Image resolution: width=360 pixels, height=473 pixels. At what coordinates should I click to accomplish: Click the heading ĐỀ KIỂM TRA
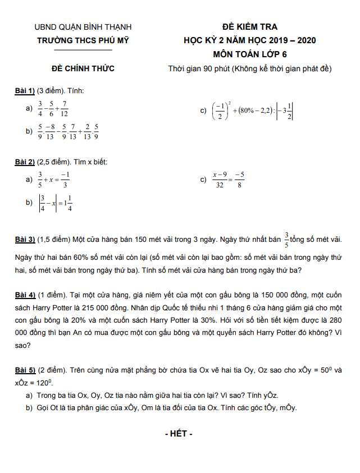pos(249,26)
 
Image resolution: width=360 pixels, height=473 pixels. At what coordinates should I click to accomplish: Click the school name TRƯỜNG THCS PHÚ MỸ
pos(83,40)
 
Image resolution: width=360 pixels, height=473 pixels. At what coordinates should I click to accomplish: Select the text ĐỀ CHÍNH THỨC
pos(83,68)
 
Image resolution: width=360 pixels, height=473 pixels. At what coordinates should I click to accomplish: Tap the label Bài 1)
pos(25,90)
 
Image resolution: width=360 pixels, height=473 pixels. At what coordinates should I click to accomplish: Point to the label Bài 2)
pos(25,162)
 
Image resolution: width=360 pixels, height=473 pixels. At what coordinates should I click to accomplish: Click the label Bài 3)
pos(25,240)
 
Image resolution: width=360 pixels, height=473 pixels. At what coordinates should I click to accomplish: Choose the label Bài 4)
pos(25,295)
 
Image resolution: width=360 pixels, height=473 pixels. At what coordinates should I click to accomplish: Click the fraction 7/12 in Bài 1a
pos(65,108)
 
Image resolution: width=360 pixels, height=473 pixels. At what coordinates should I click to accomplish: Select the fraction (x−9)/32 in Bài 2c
pos(220,180)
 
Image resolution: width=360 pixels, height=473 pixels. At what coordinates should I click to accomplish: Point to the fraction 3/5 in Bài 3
pos(286,240)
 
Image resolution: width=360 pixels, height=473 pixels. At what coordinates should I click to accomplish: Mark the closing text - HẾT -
pos(179,434)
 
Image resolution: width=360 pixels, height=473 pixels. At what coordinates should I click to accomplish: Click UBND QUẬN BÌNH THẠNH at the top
pos(83,26)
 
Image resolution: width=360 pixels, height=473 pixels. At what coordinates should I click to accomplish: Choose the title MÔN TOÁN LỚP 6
pos(249,54)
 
